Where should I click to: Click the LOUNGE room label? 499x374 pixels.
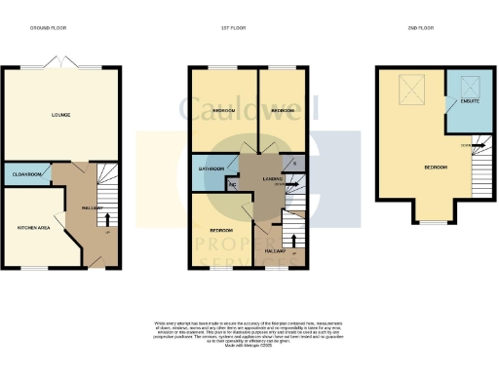60,115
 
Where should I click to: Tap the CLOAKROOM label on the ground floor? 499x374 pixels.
24,174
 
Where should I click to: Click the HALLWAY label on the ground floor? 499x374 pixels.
79,206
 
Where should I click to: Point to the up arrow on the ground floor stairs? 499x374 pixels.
105,219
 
